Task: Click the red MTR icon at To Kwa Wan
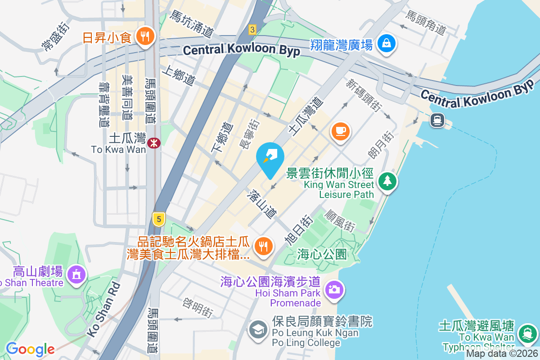(154, 143)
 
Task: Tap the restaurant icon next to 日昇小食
(144, 36)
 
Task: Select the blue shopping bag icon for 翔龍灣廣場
(387, 44)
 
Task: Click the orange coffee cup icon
(340, 131)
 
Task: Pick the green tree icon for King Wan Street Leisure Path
(387, 181)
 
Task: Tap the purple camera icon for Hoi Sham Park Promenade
(334, 289)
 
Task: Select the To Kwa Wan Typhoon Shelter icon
(525, 333)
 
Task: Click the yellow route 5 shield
(158, 219)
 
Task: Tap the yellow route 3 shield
(252, 30)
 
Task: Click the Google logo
(30, 349)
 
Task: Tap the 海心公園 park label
(322, 254)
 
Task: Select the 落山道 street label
(261, 203)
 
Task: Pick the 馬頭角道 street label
(425, 22)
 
